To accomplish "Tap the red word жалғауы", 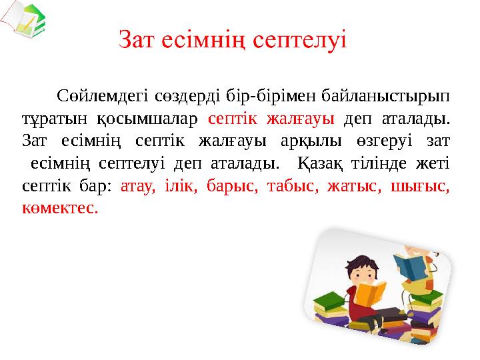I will click(x=309, y=119).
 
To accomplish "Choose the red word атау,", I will click(x=137, y=186).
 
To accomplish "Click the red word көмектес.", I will click(x=59, y=208).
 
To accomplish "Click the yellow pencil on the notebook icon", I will click(x=29, y=25).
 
